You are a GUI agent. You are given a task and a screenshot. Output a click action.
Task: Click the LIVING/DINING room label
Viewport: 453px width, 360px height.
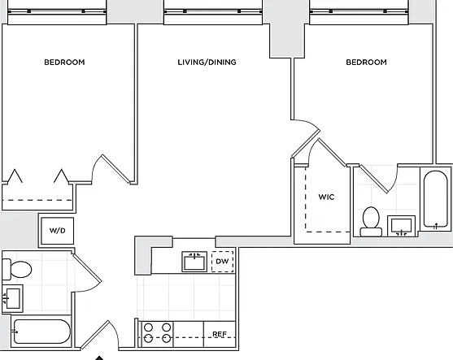[207, 62]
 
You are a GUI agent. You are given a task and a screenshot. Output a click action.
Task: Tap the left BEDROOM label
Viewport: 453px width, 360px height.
[64, 62]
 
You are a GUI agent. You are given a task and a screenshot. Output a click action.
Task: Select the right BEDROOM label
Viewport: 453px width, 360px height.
[366, 62]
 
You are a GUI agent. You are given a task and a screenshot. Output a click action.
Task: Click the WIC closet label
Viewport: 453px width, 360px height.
[326, 197]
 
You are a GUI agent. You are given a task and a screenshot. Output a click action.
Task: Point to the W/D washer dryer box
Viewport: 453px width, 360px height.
[58, 231]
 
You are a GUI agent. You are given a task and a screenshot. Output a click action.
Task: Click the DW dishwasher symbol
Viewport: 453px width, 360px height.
[223, 262]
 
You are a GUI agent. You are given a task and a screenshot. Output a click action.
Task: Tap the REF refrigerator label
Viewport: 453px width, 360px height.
[220, 334]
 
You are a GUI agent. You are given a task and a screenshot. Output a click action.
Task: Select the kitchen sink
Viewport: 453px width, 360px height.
[194, 262]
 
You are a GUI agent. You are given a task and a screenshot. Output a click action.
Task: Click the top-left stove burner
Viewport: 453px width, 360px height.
[149, 327]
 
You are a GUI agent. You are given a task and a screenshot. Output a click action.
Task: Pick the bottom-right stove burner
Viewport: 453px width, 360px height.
[167, 338]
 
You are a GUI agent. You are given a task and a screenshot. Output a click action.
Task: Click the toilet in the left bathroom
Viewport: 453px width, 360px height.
[17, 269]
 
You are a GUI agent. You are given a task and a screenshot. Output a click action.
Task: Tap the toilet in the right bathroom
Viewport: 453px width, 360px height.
[371, 222]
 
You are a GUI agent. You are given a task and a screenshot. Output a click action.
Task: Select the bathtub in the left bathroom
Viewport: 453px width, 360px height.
[41, 332]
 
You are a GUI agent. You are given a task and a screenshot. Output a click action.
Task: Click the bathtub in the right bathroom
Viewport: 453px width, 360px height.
[436, 199]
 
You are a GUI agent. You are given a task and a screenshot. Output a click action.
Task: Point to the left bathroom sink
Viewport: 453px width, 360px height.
[12, 298]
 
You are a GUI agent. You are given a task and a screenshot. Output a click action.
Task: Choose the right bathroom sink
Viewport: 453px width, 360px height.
[401, 226]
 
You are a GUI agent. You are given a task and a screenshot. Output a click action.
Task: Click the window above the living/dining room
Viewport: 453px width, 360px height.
[213, 12]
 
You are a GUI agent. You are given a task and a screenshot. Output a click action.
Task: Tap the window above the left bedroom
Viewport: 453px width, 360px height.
[57, 12]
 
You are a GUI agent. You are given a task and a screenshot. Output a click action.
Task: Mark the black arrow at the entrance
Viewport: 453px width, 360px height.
[99, 358]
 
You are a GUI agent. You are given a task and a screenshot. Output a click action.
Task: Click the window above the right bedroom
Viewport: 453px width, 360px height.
[359, 12]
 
